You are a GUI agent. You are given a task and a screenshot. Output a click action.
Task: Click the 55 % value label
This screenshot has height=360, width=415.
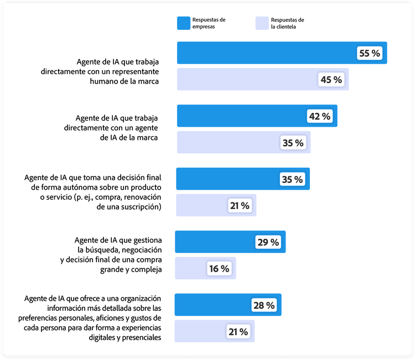[x=370, y=53]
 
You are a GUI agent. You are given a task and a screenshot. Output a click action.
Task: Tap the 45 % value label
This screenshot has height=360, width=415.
[x=331, y=80]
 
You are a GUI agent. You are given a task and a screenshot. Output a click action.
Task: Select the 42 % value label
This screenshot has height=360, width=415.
[x=319, y=116]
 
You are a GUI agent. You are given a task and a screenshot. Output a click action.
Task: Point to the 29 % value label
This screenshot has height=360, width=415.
[x=268, y=242]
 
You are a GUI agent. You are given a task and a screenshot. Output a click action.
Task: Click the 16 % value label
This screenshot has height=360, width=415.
[x=219, y=269]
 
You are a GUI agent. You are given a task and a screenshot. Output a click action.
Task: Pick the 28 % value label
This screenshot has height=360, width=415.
[x=263, y=305]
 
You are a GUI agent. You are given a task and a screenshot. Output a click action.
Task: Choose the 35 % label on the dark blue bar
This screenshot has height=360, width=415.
[x=292, y=180]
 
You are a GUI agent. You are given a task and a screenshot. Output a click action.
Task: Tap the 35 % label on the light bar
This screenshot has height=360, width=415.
[x=293, y=143]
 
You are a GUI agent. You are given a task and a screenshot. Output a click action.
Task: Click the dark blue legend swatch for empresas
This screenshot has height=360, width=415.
[x=184, y=23]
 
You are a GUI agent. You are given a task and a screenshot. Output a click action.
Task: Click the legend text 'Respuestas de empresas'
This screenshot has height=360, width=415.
[x=209, y=23]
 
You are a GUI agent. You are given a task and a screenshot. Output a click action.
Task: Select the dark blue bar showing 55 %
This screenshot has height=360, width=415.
[x=266, y=53]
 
